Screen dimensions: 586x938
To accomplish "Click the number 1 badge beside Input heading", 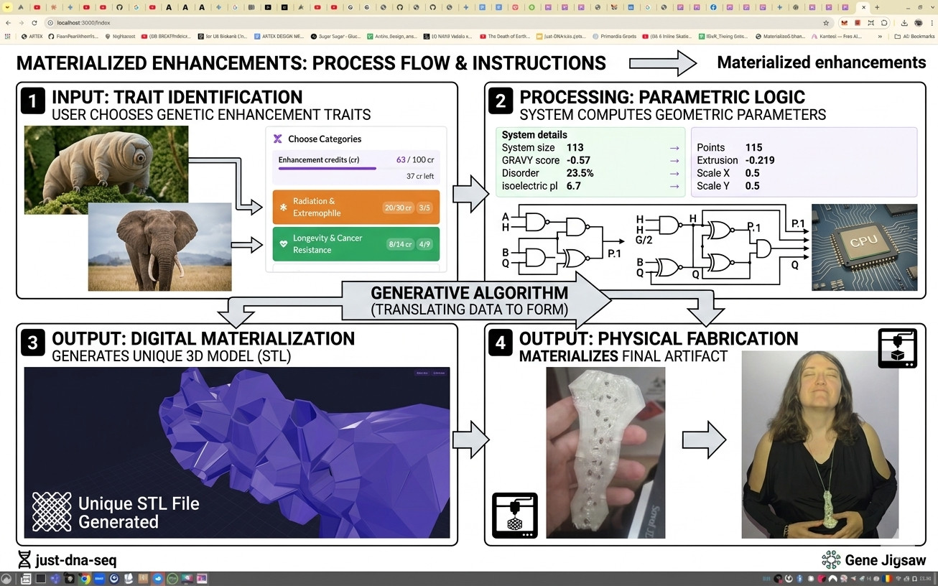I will (33, 101).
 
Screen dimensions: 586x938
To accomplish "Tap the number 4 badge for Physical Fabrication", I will (501, 343).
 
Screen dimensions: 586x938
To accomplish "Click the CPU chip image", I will (864, 247).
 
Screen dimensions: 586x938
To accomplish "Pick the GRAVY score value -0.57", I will (577, 160).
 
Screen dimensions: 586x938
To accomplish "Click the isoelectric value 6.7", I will (573, 186).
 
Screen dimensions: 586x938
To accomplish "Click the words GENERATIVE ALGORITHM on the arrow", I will (469, 293).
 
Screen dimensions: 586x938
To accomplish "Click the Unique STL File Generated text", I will (138, 513).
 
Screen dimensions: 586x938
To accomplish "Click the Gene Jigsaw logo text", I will (885, 560).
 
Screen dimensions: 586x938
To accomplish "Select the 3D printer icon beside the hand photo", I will (514, 515).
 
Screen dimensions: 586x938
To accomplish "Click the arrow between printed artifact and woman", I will (704, 439).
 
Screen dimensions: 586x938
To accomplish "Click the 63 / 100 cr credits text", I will (414, 159).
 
